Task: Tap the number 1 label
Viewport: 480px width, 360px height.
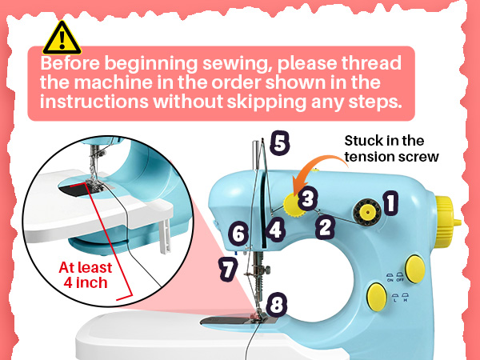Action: [390, 203]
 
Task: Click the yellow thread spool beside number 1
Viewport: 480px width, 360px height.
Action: [367, 213]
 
